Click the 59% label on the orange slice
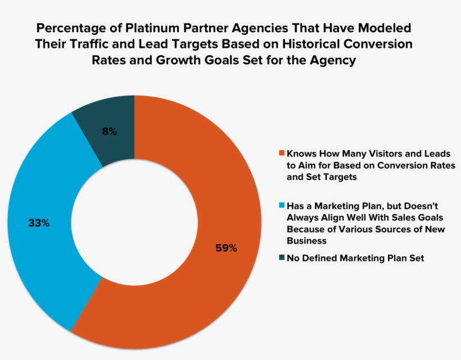point(227,247)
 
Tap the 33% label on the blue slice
point(39,223)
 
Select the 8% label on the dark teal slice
point(109,132)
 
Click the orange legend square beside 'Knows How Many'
point(282,153)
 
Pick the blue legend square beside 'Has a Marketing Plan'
point(282,206)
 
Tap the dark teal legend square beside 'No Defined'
point(282,258)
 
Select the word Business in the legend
point(306,241)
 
